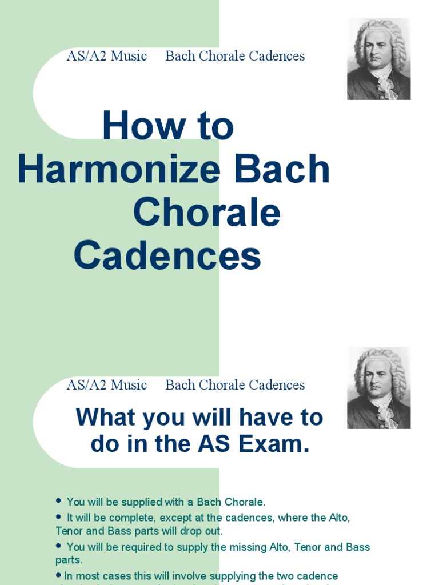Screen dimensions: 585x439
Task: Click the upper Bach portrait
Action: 378,59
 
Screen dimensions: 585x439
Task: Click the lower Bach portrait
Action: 378,388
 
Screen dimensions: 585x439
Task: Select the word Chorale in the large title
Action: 206,213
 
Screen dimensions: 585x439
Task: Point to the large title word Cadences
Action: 167,256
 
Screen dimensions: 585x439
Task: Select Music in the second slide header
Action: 129,385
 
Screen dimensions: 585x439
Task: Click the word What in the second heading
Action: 106,418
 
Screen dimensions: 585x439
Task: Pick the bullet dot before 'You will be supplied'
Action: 58,500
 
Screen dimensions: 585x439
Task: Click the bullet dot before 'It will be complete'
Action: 58,516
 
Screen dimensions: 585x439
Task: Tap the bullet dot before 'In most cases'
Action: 58,575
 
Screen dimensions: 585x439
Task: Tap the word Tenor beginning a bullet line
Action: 70,531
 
